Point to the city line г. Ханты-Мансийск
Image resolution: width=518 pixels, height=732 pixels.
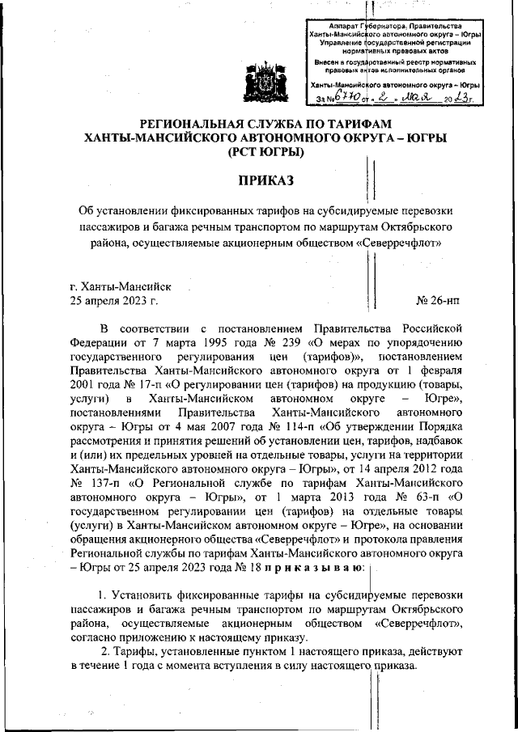tap(120, 286)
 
